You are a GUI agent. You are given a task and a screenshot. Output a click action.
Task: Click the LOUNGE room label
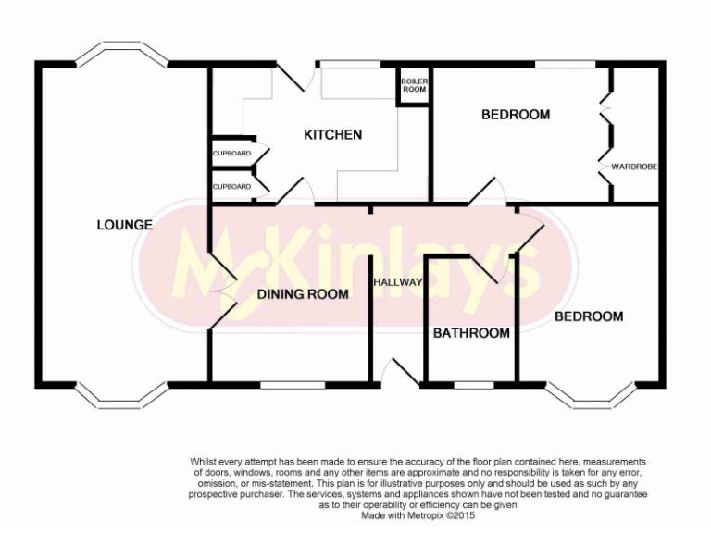124,225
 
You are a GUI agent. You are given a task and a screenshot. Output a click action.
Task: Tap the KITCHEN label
332,135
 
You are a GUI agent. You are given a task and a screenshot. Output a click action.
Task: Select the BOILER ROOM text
414,85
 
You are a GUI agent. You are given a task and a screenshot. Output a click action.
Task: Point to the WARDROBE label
633,167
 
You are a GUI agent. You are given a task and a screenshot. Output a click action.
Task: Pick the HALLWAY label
398,281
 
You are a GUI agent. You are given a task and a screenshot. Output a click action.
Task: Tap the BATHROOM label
471,333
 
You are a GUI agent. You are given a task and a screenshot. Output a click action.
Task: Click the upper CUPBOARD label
231,153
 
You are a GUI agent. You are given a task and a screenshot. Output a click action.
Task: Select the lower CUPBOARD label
231,186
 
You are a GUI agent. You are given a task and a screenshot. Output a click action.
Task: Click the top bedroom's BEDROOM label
516,115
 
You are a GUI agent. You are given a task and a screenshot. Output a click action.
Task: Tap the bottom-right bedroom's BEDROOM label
589,316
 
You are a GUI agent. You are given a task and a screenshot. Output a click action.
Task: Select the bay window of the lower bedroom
592,396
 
